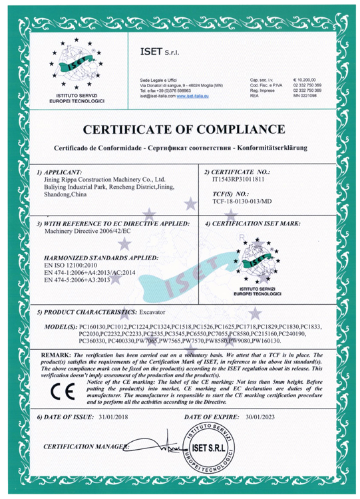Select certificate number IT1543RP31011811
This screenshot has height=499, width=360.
(x=238, y=180)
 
